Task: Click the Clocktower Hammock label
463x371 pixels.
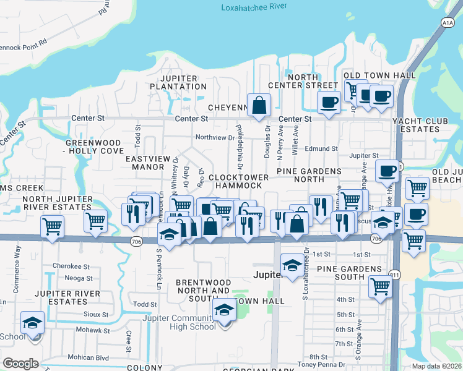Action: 239,181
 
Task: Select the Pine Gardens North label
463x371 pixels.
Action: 309,175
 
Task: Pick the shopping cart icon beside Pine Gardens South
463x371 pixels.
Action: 379,286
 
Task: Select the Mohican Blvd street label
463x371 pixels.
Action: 90,357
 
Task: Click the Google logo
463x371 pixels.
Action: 20,364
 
